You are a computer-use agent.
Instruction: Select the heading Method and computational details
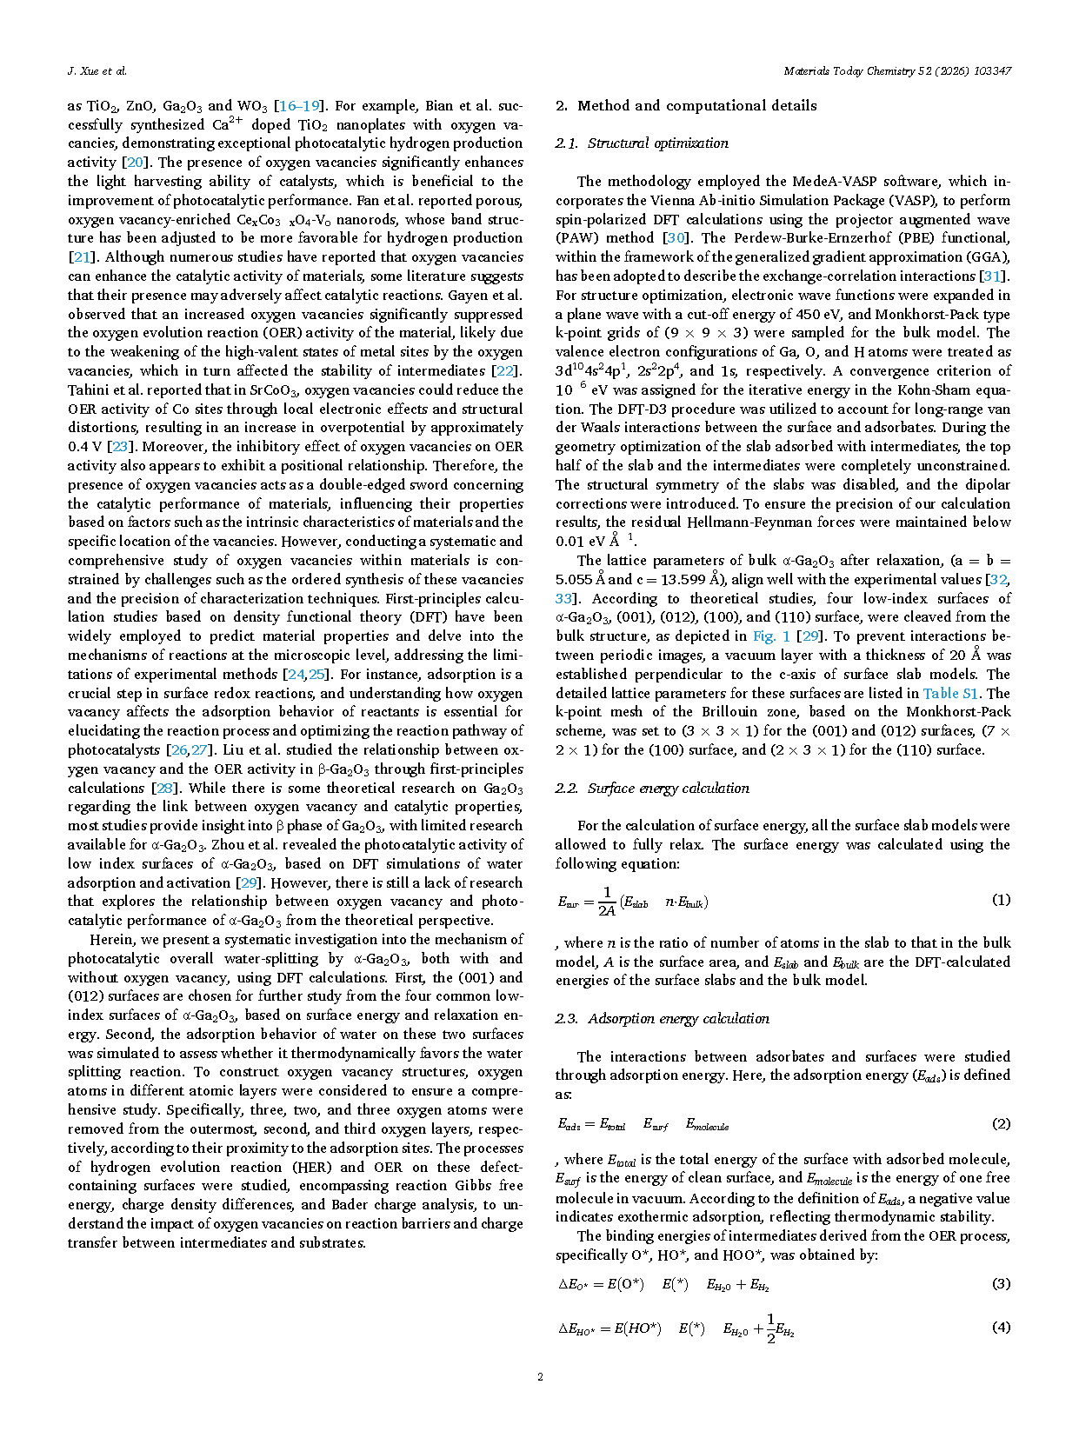pyautogui.click(x=696, y=106)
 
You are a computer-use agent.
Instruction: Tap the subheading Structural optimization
pyautogui.click(x=657, y=143)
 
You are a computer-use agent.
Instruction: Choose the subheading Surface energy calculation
pyautogui.click(x=668, y=789)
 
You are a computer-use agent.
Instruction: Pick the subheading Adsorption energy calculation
pyautogui.click(x=678, y=1019)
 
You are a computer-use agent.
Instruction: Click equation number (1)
pyautogui.click(x=1001, y=900)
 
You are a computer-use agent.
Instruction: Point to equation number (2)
pyautogui.click(x=1001, y=1124)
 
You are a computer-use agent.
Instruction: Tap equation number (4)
pyautogui.click(x=1001, y=1328)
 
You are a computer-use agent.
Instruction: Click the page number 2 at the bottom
pyautogui.click(x=540, y=1376)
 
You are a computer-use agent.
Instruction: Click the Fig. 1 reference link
pyautogui.click(x=771, y=636)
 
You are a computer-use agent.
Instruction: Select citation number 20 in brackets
pyautogui.click(x=135, y=163)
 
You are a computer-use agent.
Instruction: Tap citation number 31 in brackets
pyautogui.click(x=991, y=276)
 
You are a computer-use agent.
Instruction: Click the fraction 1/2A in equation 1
pyautogui.click(x=607, y=902)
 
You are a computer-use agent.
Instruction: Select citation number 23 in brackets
pyautogui.click(x=119, y=447)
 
